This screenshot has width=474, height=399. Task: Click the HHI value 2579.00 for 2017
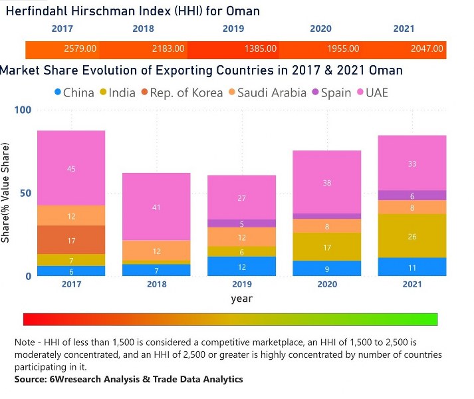[x=80, y=49]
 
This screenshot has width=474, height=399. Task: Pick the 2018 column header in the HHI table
[x=143, y=29]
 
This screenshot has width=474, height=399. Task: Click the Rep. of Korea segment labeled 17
[x=71, y=240]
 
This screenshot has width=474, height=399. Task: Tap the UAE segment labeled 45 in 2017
[x=71, y=169]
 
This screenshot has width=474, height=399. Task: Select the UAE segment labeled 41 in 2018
[x=156, y=207]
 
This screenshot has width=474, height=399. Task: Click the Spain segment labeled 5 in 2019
[x=242, y=224]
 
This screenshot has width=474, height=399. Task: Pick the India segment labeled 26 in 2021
[x=412, y=236]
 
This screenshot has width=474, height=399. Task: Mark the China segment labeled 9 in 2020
[x=327, y=269]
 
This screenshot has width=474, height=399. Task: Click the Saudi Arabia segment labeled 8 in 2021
[x=412, y=207]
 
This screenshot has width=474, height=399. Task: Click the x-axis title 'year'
[x=241, y=299]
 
